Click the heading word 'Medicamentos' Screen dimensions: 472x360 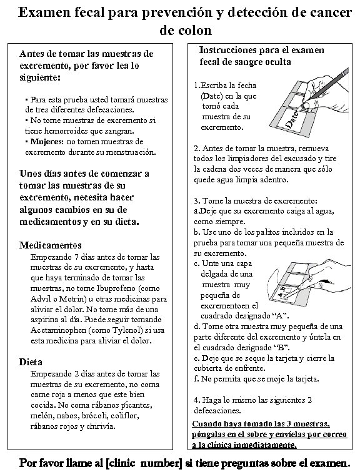(51, 245)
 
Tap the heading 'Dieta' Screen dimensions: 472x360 (31, 361)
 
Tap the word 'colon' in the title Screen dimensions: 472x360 (186, 30)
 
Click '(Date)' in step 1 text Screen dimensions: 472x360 (211, 96)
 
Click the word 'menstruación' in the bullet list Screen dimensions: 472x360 (129, 152)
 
